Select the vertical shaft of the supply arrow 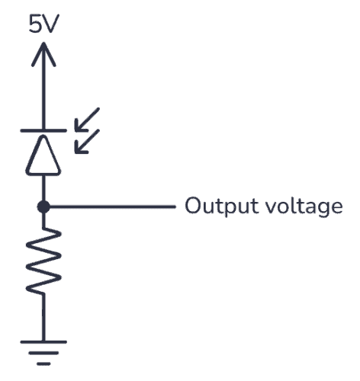pyautogui.click(x=43, y=91)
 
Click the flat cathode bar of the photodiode pyautogui.click(x=43, y=130)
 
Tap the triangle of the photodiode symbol pyautogui.click(x=43, y=155)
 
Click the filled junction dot pyautogui.click(x=43, y=206)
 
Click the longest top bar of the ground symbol pyautogui.click(x=43, y=341)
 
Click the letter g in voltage pyautogui.click(x=326, y=209)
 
